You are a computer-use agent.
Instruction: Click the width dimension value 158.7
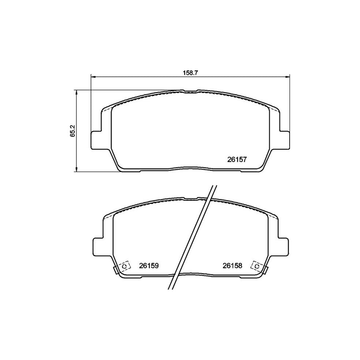pos(190,73)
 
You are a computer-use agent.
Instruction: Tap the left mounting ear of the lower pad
pos(98,245)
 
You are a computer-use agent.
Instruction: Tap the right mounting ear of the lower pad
pos(282,245)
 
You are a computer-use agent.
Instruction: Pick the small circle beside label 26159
pos(125,266)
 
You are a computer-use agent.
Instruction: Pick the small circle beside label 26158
pos(256,266)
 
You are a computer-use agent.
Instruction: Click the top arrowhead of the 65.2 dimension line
pos(76,92)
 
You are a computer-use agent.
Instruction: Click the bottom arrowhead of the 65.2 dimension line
pos(76,170)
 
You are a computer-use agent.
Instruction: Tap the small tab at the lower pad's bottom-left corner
pos(116,271)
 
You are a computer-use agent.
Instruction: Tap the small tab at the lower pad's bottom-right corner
pos(265,271)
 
